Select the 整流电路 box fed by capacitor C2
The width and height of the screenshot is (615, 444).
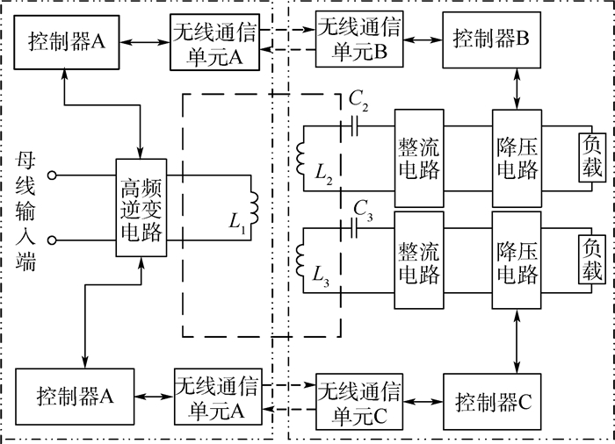coord(418,157)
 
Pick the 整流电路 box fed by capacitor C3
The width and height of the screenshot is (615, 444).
coord(418,261)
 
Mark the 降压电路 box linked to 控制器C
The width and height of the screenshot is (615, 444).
coord(516,261)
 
